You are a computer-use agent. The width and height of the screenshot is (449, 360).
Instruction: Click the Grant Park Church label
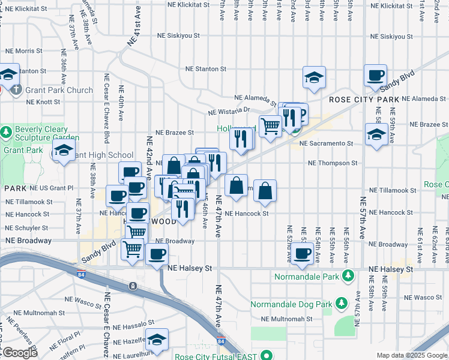[x=59, y=91]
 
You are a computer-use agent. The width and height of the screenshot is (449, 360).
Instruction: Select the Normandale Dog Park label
[x=291, y=304]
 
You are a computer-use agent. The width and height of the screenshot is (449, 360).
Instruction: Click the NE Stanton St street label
[x=205, y=69]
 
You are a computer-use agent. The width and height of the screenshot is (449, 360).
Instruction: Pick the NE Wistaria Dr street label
[x=228, y=111]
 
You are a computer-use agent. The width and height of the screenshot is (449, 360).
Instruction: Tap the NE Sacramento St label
[x=326, y=144]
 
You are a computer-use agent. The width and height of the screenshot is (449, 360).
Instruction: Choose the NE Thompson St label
[x=333, y=163]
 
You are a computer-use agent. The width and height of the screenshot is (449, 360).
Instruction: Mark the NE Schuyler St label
[x=26, y=228]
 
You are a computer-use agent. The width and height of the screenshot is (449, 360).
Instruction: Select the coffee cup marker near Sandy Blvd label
[x=375, y=75]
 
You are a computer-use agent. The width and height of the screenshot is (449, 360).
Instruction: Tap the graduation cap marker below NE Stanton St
[x=314, y=77]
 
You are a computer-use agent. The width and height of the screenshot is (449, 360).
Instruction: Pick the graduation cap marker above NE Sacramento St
[x=376, y=134]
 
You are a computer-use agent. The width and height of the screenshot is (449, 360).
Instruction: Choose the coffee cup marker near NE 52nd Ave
[x=301, y=253]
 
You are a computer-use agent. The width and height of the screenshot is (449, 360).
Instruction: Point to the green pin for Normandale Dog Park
[x=341, y=304]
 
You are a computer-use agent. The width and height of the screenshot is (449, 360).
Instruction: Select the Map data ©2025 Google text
[x=412, y=356]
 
